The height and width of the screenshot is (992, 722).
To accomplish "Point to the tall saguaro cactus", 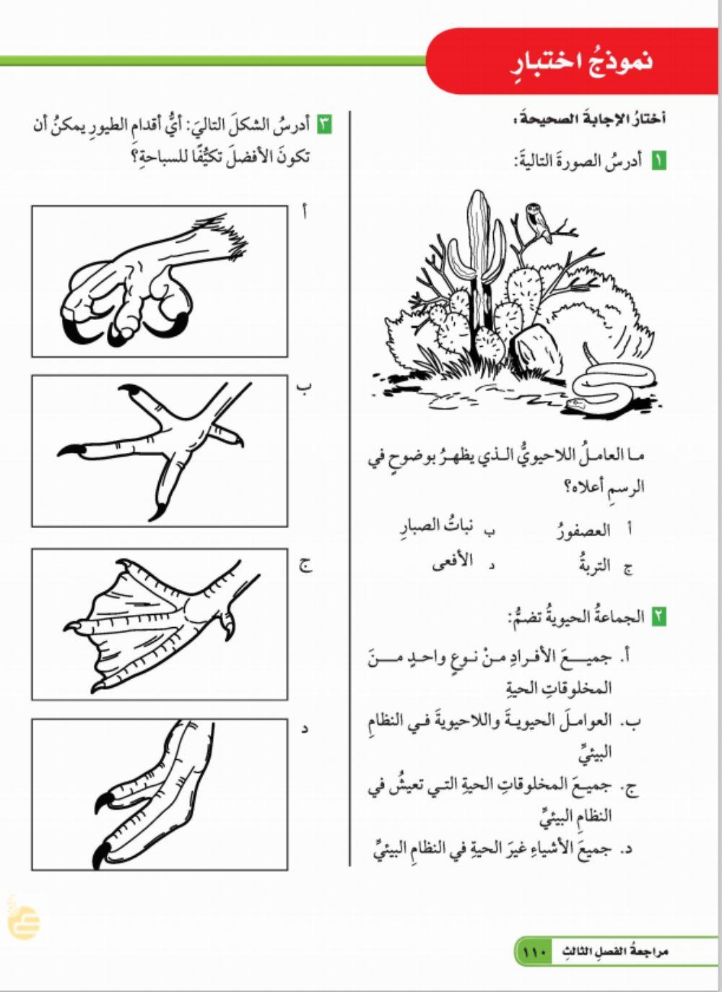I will (478, 260).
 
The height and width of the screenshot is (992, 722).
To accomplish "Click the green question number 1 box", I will (658, 161).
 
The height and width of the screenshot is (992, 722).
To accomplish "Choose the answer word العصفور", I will (584, 531).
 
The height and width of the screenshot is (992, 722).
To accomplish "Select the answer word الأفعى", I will (452, 562).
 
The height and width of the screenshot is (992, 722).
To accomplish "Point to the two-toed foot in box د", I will (155, 795).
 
